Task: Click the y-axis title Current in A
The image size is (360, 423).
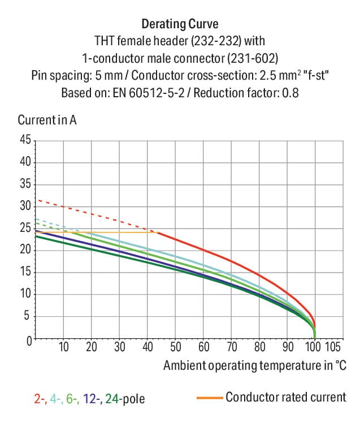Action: point(47,120)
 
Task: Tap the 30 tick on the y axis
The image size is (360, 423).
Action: point(25,206)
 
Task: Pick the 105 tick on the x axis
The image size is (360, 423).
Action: point(332,347)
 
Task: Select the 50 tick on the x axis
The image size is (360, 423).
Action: point(175,347)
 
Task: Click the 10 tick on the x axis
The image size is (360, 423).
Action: point(63,347)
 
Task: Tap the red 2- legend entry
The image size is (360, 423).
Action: point(40,399)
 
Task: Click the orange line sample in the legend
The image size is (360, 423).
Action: point(209,398)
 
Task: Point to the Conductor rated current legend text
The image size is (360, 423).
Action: point(285,397)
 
